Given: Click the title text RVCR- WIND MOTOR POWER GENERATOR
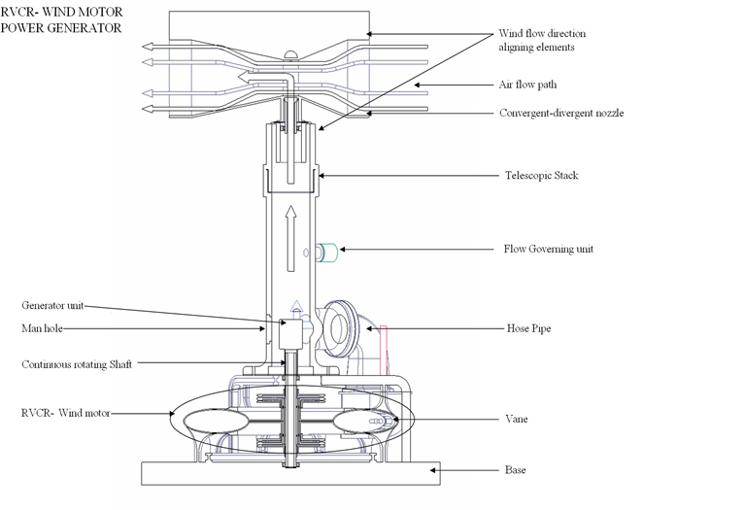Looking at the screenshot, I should (x=62, y=20).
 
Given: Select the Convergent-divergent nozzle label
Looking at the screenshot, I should (x=561, y=114).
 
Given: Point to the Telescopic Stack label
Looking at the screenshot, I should (x=542, y=176).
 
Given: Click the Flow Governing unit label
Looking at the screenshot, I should (x=548, y=250).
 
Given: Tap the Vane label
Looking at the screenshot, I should (x=517, y=420).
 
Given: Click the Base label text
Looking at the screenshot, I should (x=515, y=470).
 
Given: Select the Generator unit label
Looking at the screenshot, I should (x=53, y=305).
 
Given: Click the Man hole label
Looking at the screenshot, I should (x=42, y=329).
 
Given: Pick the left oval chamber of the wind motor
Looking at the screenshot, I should (x=216, y=425).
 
